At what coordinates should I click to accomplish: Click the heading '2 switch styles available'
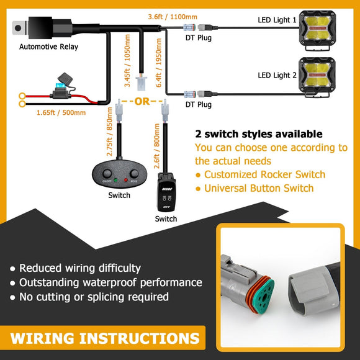pyautogui.click(x=258, y=134)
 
